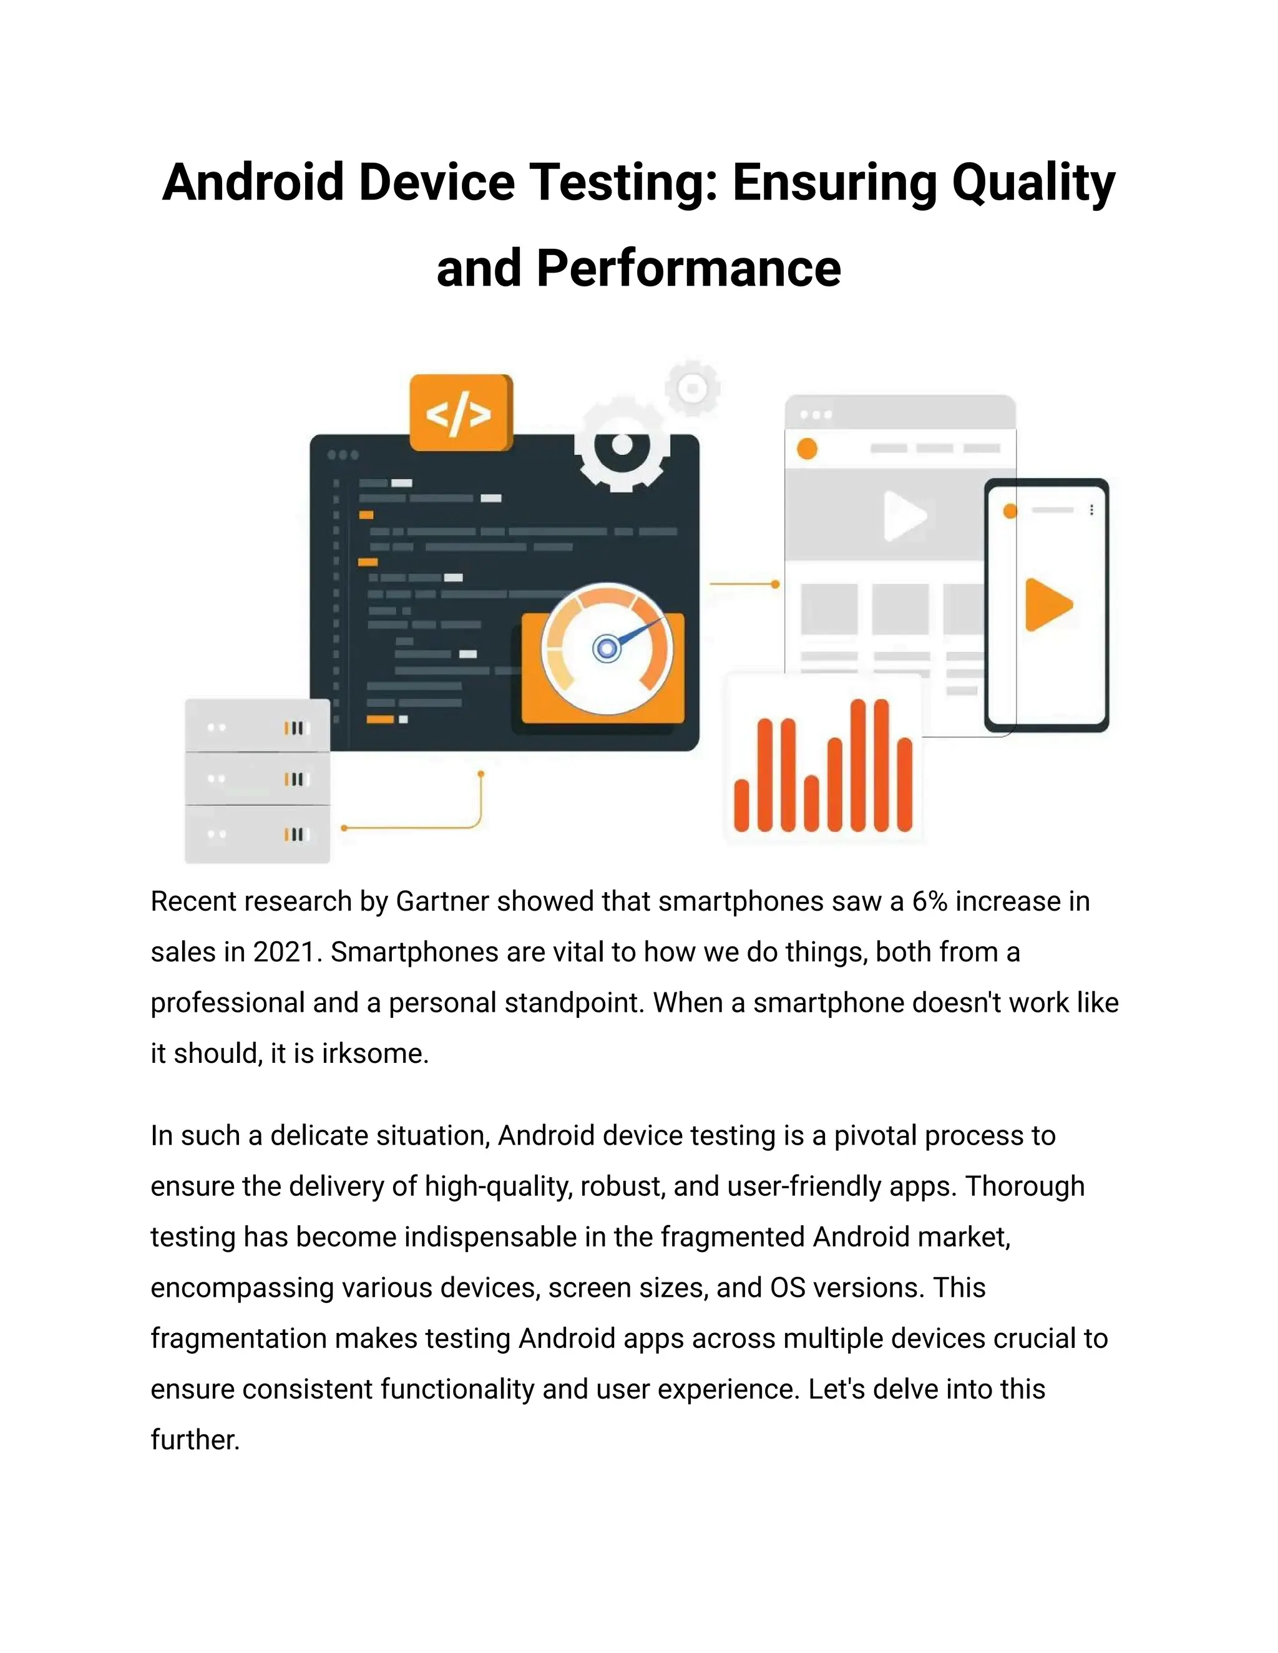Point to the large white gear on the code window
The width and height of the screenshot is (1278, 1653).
pos(622,445)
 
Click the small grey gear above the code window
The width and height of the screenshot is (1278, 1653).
pos(692,388)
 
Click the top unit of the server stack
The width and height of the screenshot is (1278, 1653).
pos(258,727)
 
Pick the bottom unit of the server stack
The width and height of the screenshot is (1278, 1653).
pos(258,834)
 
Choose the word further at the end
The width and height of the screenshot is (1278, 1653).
pos(195,1440)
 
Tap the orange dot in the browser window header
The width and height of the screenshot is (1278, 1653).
pos(807,449)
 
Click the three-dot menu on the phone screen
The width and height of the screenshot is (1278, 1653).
pos(1091,510)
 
